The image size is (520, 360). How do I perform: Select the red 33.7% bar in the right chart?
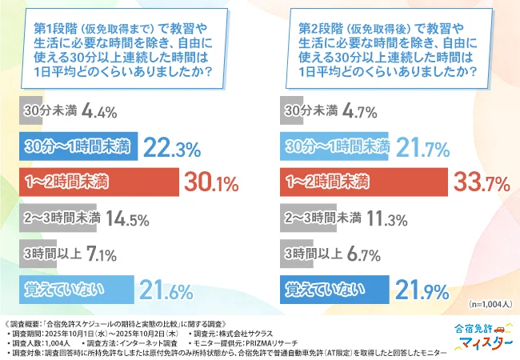(364, 182)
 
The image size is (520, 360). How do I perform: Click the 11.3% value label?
(387, 218)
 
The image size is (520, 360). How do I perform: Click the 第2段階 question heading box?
(386, 50)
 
